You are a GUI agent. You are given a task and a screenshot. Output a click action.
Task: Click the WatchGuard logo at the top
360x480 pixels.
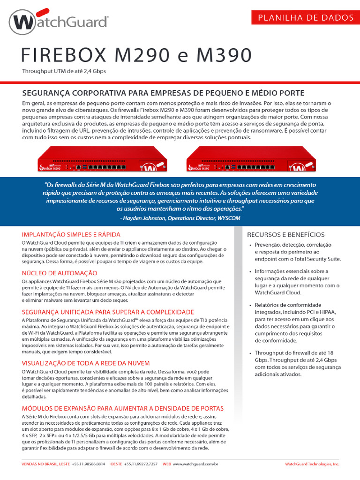pos(59,22)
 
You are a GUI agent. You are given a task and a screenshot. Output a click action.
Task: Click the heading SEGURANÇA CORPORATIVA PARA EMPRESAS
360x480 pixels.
pos(164,92)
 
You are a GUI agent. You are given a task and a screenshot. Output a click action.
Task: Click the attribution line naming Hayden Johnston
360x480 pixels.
pos(180,218)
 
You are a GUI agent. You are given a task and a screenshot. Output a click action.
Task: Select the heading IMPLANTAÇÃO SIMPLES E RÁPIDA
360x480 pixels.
pos(71,234)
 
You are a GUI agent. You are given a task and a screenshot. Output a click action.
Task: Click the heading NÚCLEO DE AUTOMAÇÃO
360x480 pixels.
pos(60,273)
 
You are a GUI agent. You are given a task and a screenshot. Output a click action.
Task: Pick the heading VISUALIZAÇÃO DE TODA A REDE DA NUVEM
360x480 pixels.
pos(86,363)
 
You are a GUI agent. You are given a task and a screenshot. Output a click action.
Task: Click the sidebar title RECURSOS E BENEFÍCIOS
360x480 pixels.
pos(285,234)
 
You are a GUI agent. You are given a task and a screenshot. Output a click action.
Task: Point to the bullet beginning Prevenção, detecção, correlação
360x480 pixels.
pos(295,252)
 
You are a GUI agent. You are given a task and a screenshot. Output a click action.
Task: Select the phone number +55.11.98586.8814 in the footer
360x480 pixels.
pos(88,464)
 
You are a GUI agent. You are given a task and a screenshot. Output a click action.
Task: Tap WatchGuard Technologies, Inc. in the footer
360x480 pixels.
pos(312,464)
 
